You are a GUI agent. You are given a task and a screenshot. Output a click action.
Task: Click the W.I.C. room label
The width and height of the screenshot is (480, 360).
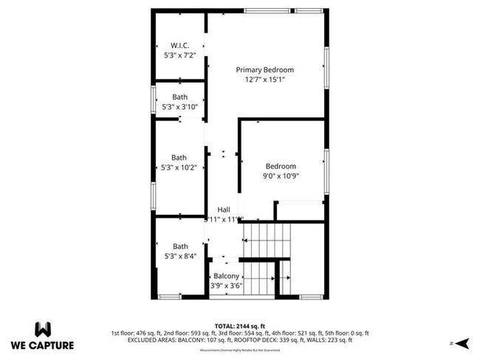(179, 45)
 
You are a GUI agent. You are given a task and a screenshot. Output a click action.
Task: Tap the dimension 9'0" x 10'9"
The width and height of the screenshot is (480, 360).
(281, 176)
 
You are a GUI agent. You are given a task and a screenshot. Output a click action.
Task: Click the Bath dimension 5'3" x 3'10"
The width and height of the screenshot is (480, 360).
(179, 107)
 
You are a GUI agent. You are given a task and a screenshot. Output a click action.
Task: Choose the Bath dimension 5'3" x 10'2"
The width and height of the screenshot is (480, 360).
(179, 167)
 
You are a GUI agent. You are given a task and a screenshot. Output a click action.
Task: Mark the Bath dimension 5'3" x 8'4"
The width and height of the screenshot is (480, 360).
(179, 257)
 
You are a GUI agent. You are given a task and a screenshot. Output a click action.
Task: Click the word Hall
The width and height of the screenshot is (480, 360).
(223, 210)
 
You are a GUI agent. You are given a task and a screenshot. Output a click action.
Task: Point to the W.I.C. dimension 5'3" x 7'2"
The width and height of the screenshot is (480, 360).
(179, 55)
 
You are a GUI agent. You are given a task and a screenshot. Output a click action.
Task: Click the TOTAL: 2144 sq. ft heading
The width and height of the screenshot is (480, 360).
(239, 325)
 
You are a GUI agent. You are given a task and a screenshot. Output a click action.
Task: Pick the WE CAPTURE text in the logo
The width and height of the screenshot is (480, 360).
(42, 345)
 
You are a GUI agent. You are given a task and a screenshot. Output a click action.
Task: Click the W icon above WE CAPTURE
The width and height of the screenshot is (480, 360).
(42, 329)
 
